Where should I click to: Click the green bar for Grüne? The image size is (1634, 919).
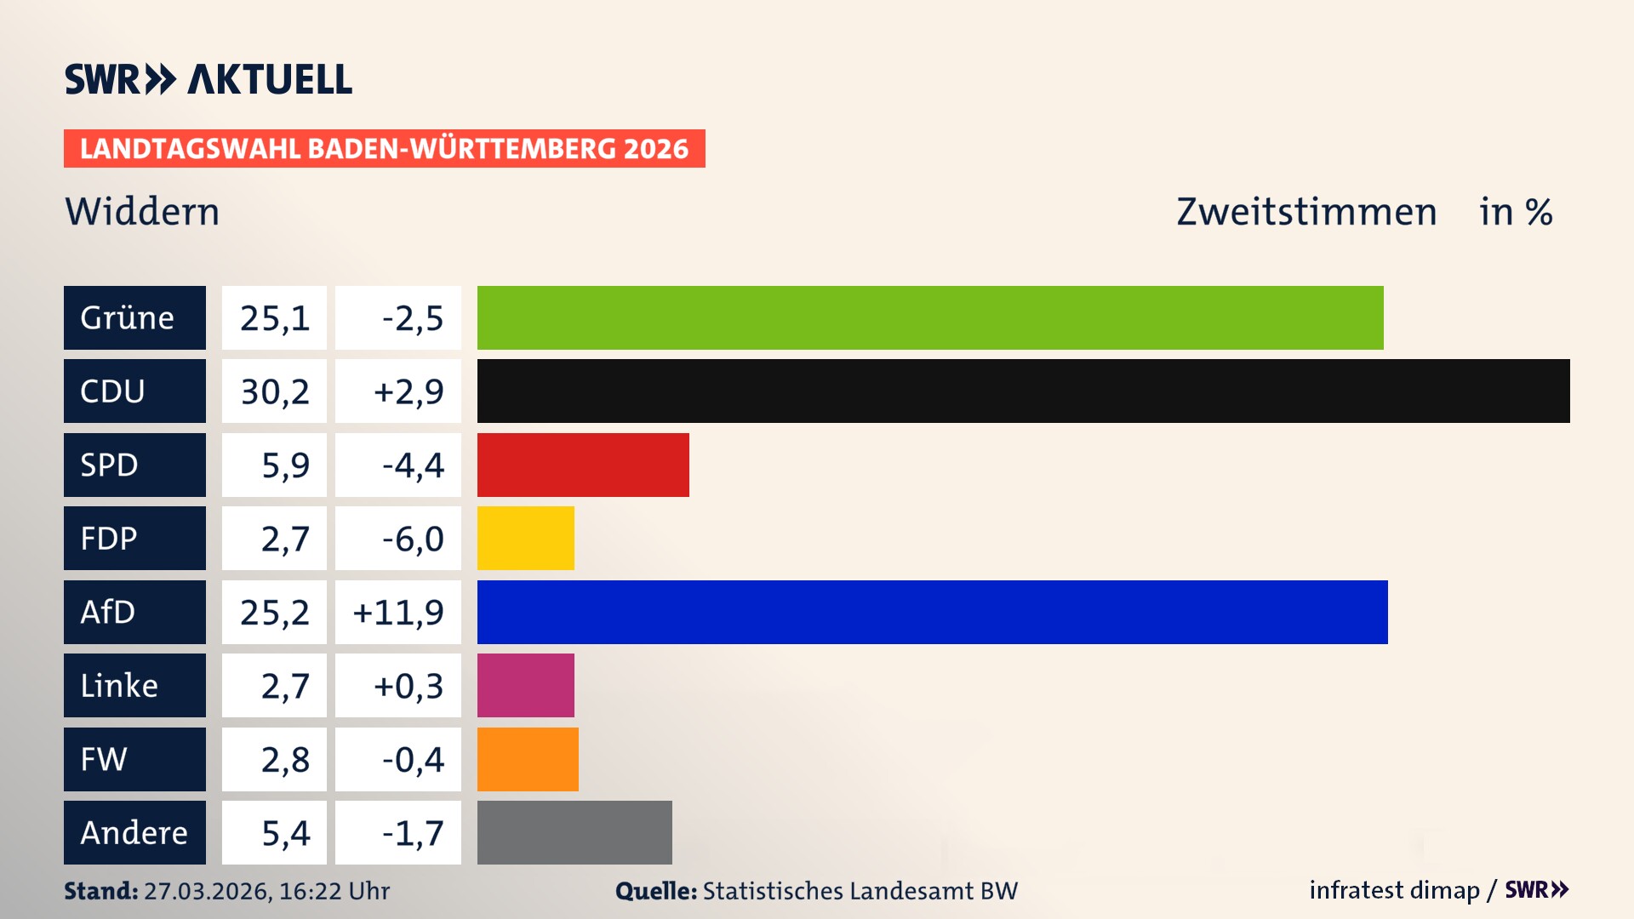pyautogui.click(x=930, y=317)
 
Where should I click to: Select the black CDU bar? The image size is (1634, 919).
pyautogui.click(x=1023, y=391)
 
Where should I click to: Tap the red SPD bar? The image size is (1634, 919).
pyautogui.click(x=583, y=465)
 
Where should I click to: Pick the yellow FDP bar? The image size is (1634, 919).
pyautogui.click(x=525, y=538)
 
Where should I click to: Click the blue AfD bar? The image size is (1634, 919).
pyautogui.click(x=932, y=612)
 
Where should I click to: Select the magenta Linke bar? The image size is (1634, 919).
pyautogui.click(x=525, y=685)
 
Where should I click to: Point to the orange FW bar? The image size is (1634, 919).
pyautogui.click(x=528, y=759)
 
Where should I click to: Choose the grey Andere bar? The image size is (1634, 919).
pyautogui.click(x=574, y=832)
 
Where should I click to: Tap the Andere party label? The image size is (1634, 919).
pyautogui.click(x=134, y=832)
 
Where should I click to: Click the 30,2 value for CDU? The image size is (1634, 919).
pyautogui.click(x=274, y=391)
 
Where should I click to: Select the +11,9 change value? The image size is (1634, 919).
pyautogui.click(x=398, y=612)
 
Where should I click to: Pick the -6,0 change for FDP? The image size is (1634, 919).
pyautogui.click(x=412, y=539)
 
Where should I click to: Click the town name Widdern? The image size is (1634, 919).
pyautogui.click(x=142, y=212)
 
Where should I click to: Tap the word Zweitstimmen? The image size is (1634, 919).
pyautogui.click(x=1306, y=212)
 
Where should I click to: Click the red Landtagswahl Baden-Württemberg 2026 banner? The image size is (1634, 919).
pyautogui.click(x=384, y=148)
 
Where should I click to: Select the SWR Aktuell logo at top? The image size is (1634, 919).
pyautogui.click(x=208, y=79)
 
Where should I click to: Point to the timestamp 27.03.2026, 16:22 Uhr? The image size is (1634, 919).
pyautogui.click(x=266, y=891)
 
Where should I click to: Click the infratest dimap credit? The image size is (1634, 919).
pyautogui.click(x=1394, y=890)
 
